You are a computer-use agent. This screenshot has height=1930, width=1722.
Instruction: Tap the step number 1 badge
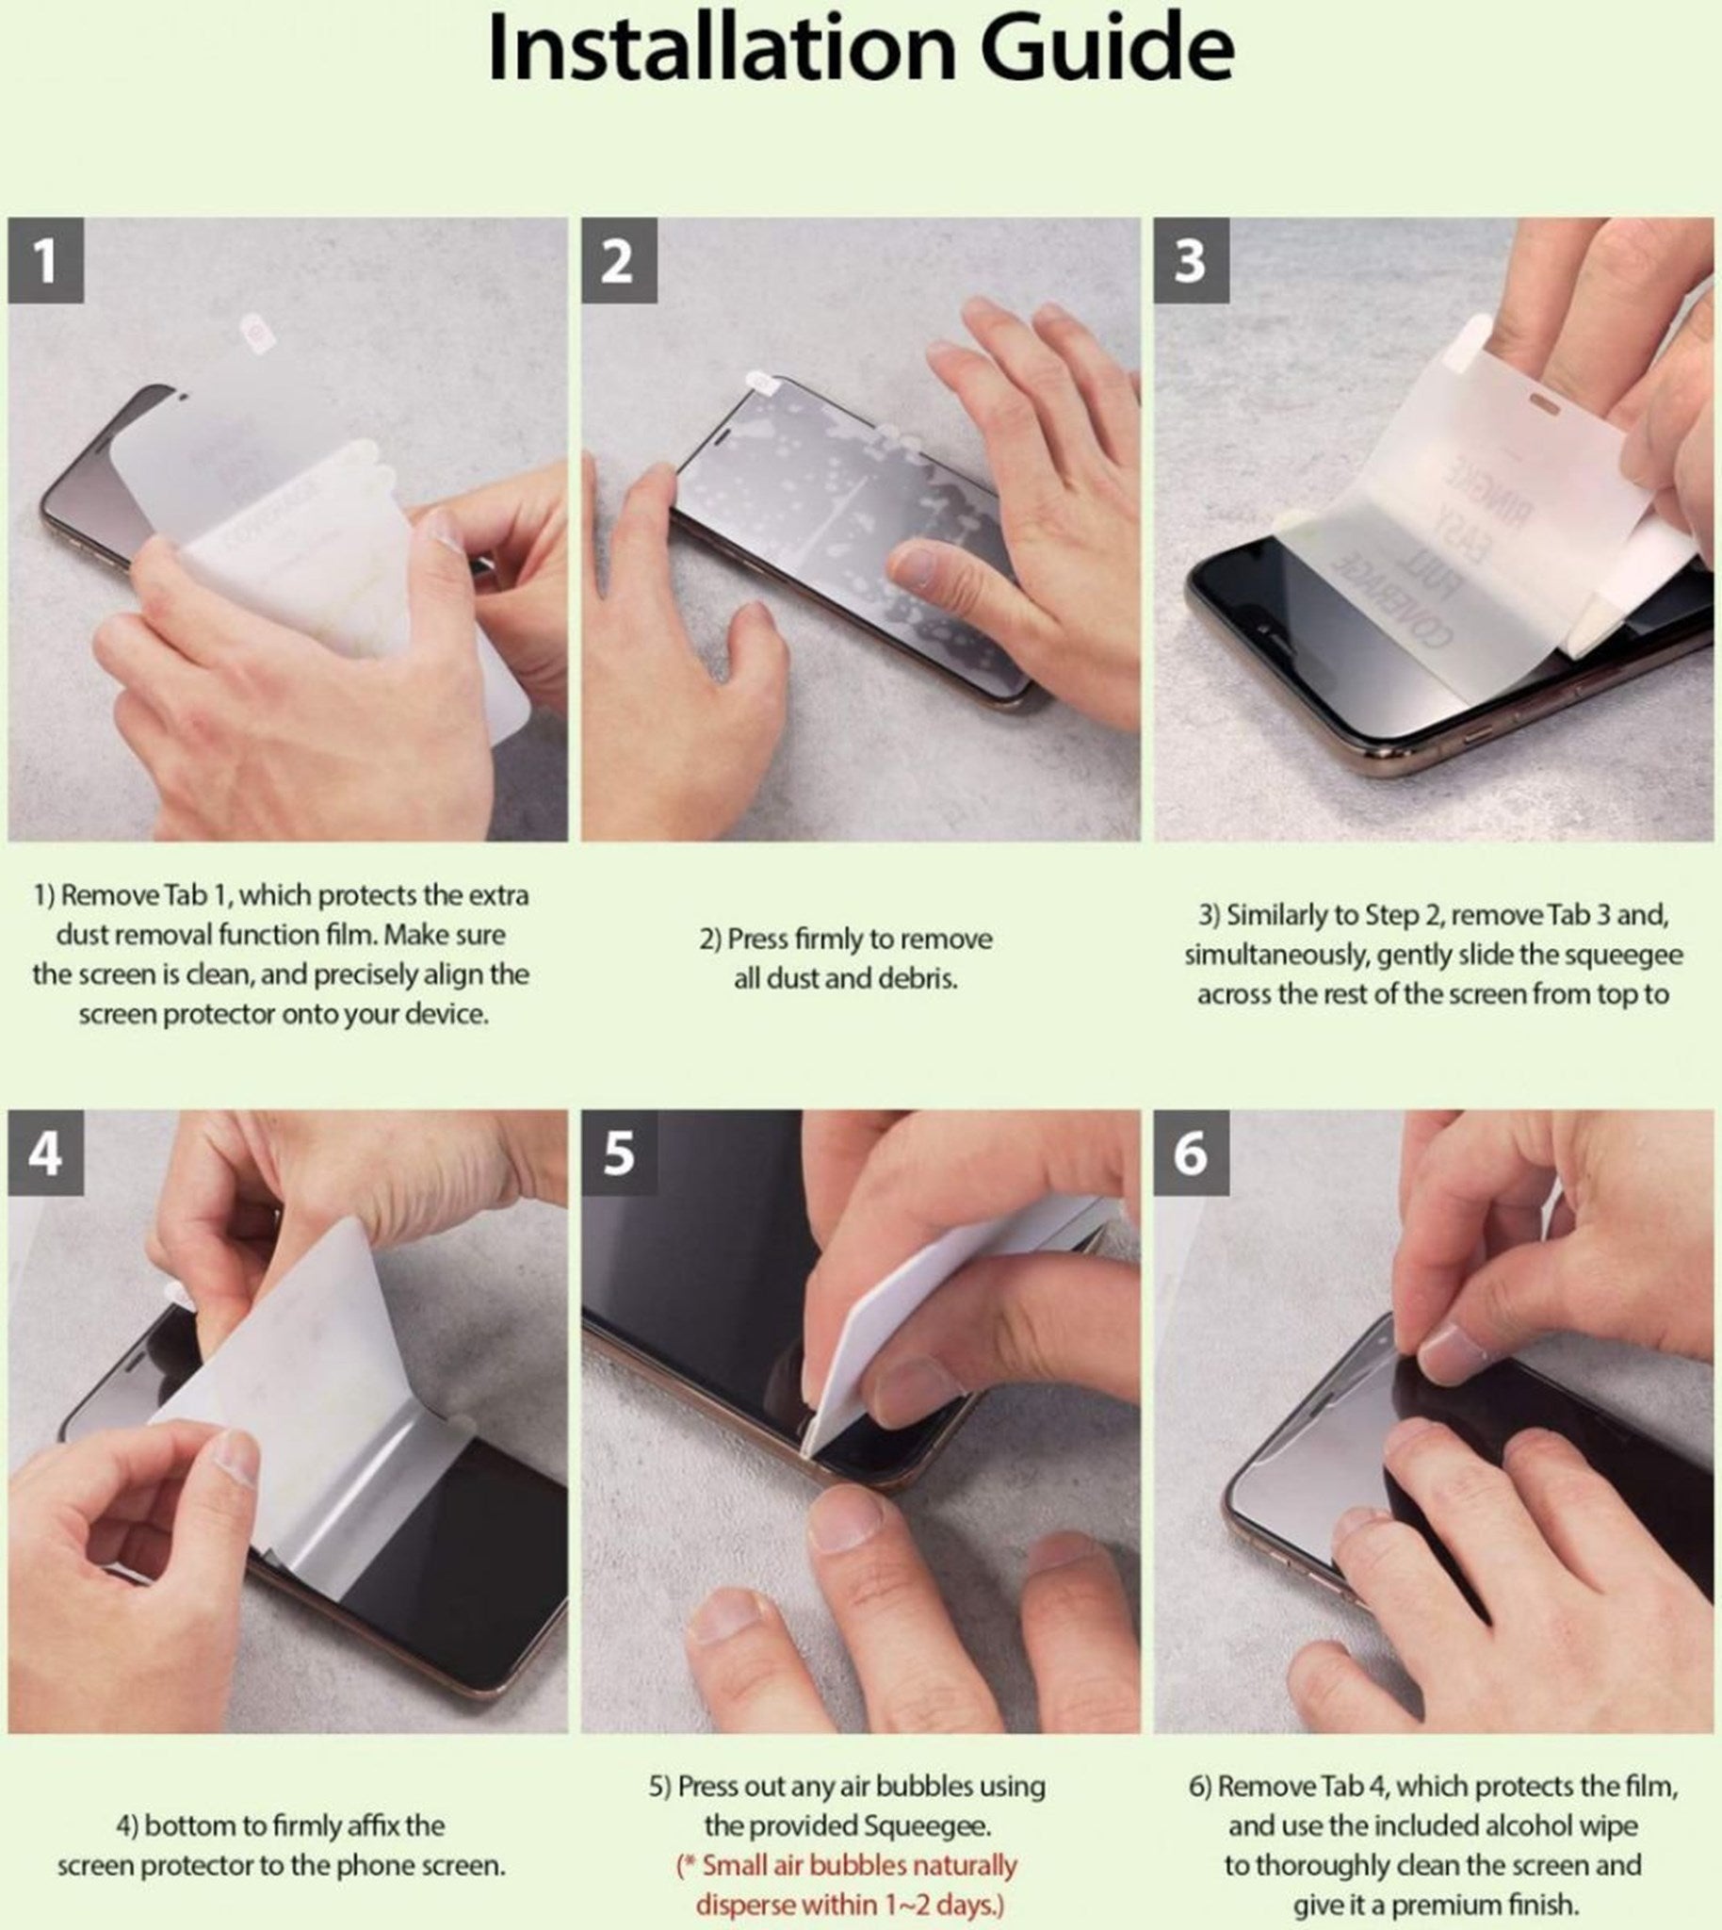click(45, 260)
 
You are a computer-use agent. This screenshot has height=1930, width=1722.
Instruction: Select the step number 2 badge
click(619, 260)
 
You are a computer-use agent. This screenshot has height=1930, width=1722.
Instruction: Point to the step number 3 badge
click(1192, 260)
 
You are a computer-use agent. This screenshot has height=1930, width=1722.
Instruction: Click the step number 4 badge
click(45, 1153)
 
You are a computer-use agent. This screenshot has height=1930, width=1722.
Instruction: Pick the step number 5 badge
click(619, 1153)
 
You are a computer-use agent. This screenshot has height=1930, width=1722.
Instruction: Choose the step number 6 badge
click(1192, 1153)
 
